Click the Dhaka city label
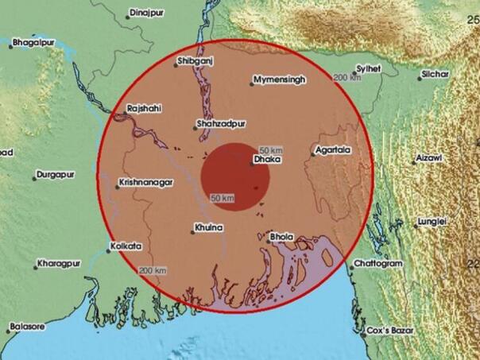(263, 160)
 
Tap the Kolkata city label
(124, 246)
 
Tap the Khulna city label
(209, 229)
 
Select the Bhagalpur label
(37, 45)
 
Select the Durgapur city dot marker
(37, 175)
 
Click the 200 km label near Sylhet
(346, 77)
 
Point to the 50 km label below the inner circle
(222, 197)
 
